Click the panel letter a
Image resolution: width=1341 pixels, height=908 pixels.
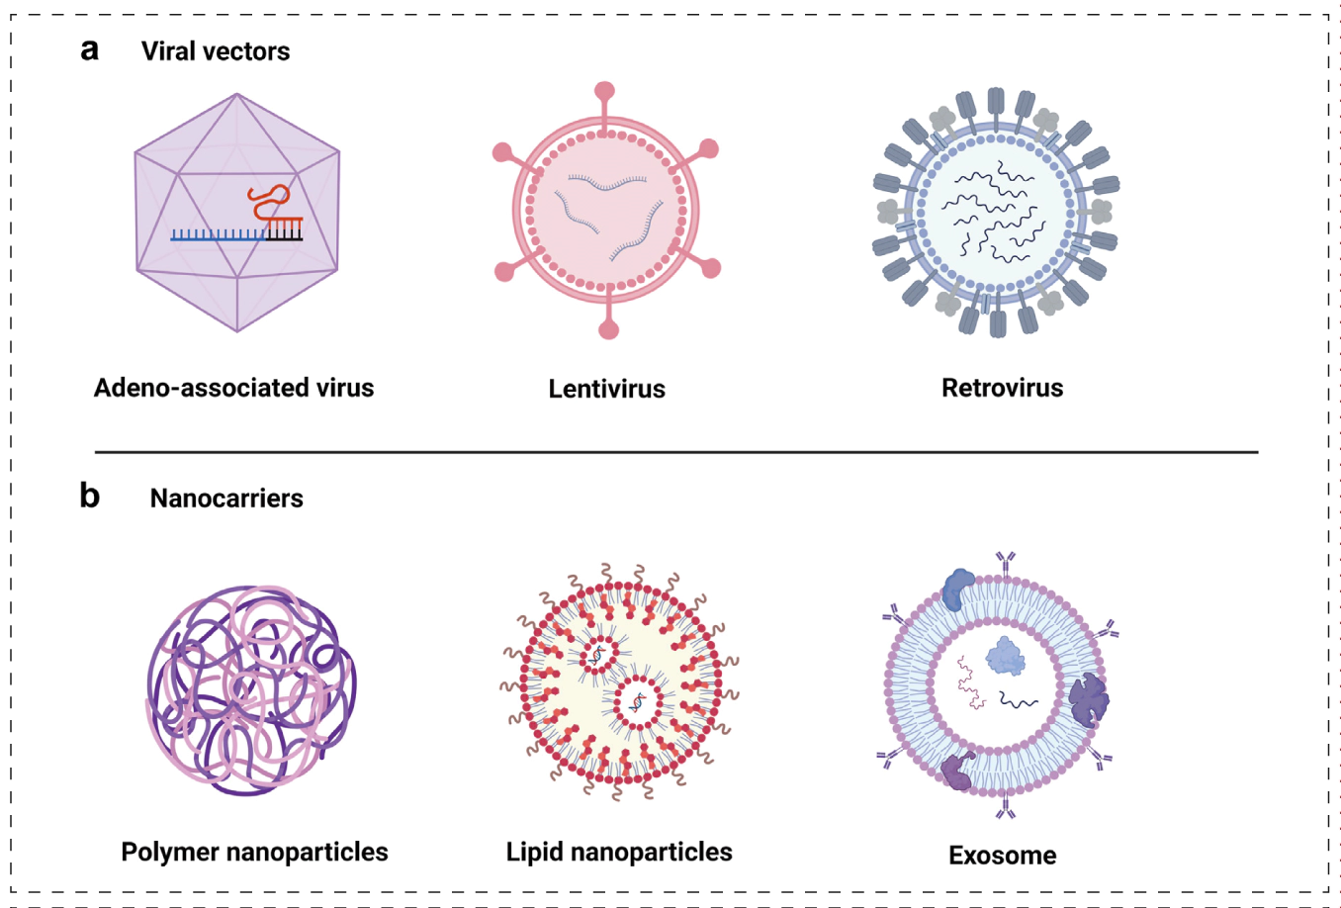[90, 49]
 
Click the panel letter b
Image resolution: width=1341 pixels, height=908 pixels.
[90, 495]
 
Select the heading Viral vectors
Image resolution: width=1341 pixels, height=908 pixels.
[216, 51]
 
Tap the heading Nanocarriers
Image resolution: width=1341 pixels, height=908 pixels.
[226, 498]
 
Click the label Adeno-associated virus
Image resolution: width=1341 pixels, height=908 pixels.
[233, 388]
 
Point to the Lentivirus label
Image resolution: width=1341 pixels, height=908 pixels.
[606, 389]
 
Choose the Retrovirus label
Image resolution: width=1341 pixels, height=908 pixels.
[1002, 388]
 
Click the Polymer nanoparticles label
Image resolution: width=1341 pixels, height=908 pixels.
[254, 852]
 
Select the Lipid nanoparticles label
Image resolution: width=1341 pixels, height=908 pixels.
[619, 852]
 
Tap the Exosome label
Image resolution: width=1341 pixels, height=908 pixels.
[1002, 855]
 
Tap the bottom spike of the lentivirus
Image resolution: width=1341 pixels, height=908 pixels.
[608, 326]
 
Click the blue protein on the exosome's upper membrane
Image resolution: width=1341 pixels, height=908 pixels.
[958, 589]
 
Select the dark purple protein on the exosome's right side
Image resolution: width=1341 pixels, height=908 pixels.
[1088, 699]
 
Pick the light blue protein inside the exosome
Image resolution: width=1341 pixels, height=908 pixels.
[1005, 656]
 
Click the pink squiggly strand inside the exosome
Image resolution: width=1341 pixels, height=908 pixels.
[971, 684]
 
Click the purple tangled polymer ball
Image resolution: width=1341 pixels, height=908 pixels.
[251, 689]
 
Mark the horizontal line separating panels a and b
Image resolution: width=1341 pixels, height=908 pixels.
[676, 452]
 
